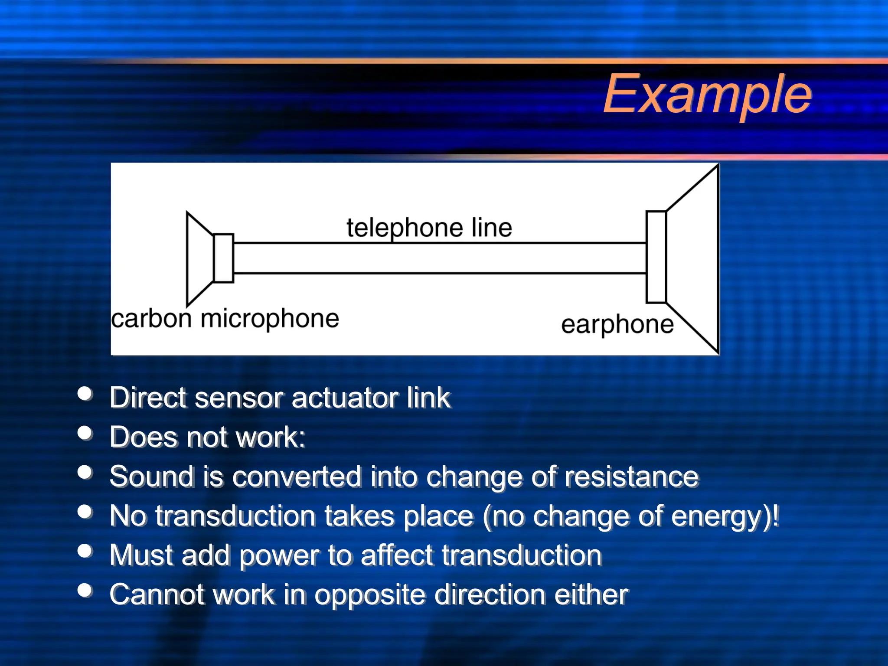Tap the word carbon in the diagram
coord(151,319)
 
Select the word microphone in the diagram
coord(270,319)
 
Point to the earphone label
coord(617,324)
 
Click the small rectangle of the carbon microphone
coord(224,258)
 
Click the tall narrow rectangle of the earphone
coord(656,257)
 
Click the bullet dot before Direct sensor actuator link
coord(85,394)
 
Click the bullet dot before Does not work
coord(85,433)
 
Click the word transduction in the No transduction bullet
coord(235,516)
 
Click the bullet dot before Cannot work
coord(85,590)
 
